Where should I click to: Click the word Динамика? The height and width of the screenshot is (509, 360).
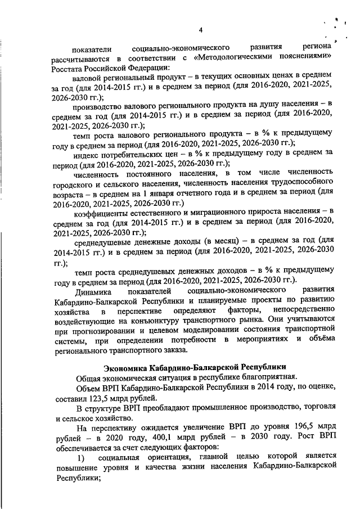92,291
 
